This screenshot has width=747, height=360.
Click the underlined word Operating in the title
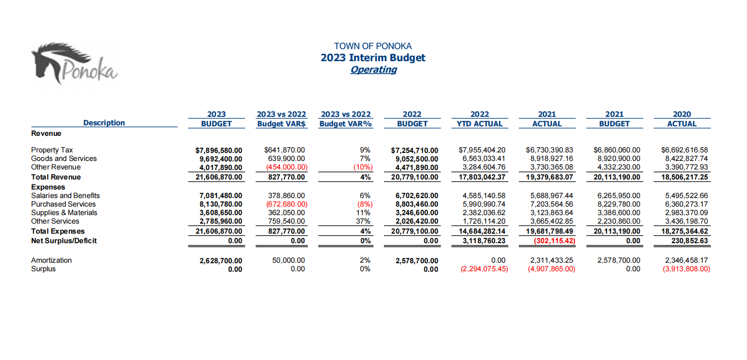coord(373,70)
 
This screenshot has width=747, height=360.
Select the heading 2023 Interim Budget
coord(373,58)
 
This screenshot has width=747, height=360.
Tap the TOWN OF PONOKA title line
coord(373,46)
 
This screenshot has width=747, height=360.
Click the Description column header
coord(104,123)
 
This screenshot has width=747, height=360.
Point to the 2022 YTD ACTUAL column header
coord(480,119)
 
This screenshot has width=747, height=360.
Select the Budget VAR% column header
coord(346,124)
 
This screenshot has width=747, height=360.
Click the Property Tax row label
coord(52,150)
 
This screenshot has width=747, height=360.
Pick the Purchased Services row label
coord(63,204)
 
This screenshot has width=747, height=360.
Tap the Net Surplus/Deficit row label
coord(64,241)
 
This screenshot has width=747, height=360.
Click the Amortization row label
coord(51,260)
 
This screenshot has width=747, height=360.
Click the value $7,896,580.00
coord(219,150)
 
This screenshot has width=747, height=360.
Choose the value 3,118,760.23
coord(484,241)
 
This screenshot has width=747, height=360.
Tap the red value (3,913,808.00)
coord(686,269)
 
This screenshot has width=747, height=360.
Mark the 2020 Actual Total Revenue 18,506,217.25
coord(685,177)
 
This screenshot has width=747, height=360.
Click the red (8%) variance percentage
coord(365,204)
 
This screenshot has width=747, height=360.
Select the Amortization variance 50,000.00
coord(288,260)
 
